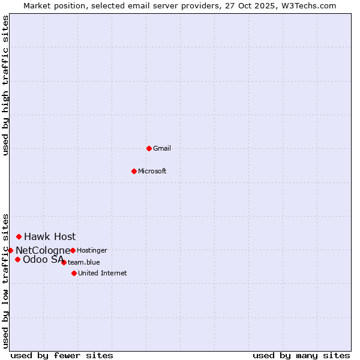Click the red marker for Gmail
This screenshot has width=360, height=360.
point(149,148)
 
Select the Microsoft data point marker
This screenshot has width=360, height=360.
point(134,171)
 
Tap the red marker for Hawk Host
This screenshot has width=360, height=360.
point(19,236)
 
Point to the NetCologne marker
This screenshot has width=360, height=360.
point(10,250)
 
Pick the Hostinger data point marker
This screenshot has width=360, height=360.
point(73,250)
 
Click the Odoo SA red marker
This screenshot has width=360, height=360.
point(17,259)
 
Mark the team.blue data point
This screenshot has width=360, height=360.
point(64,262)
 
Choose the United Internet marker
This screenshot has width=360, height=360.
point(74,273)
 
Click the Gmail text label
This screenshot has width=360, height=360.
point(162,148)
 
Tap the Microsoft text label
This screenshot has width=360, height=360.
point(152,171)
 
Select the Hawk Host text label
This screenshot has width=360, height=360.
point(50,236)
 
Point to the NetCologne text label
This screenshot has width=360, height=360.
point(43,250)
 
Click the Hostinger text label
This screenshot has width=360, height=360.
point(92,250)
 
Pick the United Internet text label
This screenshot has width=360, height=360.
point(102,273)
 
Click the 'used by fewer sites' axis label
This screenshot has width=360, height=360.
point(62,355)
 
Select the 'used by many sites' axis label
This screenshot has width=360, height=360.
point(301,355)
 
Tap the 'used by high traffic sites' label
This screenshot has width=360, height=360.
point(5,86)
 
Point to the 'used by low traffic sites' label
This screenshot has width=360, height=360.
point(5,280)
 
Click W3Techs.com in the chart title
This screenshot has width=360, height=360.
point(307,5)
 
